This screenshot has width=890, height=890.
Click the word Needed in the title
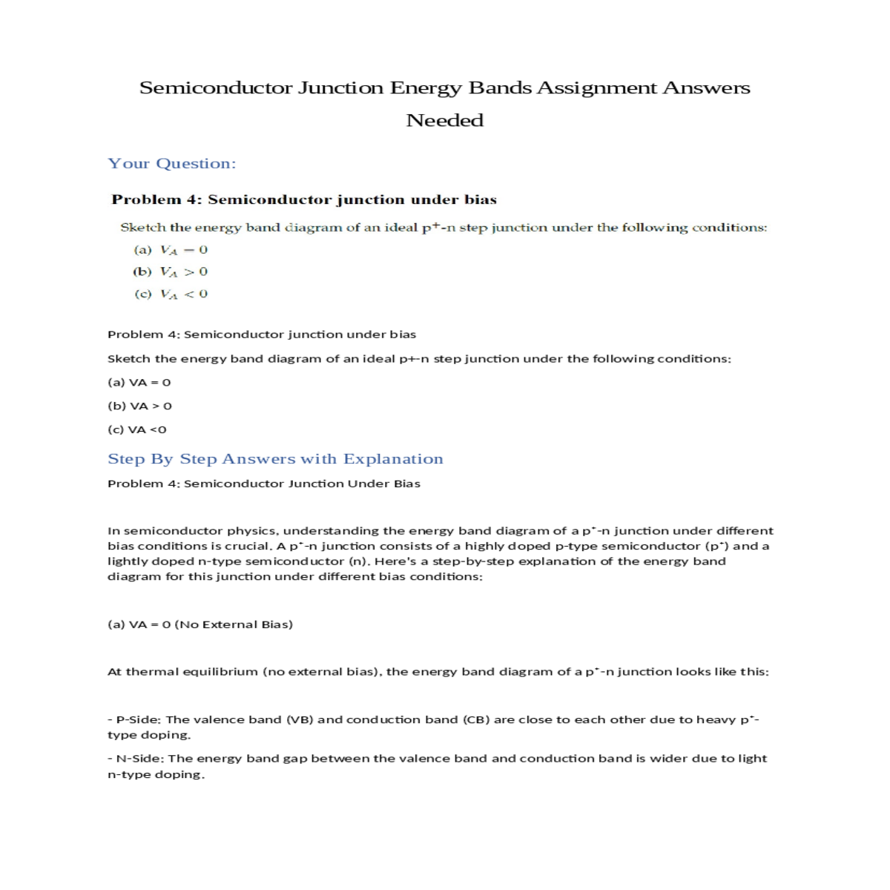pos(445,120)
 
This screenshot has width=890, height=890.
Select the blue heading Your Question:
pos(172,163)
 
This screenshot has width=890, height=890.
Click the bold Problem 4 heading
pos(304,200)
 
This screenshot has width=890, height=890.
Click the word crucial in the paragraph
pos(253,546)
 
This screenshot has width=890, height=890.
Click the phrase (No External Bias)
pos(234,624)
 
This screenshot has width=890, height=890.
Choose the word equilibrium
pos(223,672)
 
